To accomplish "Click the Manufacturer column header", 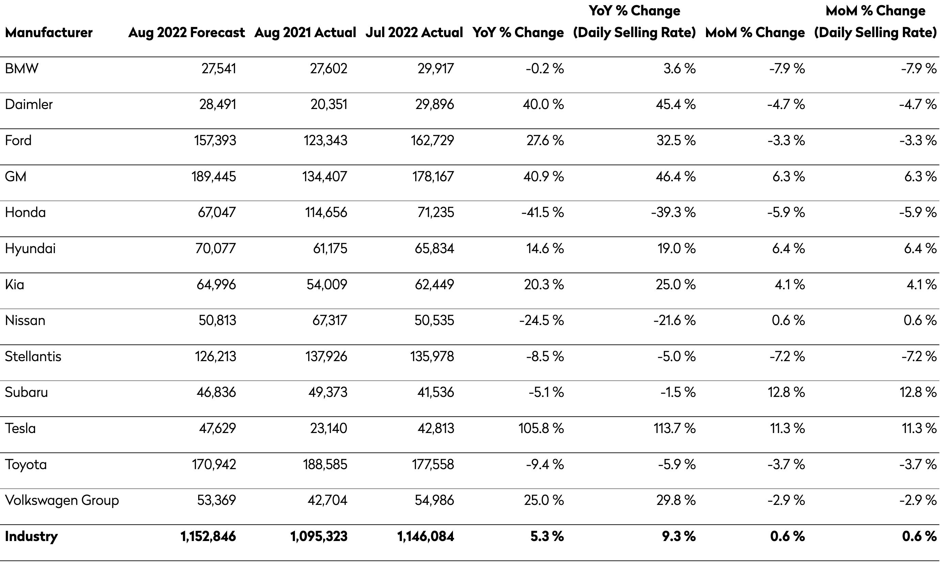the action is tap(48, 32).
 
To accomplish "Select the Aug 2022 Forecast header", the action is tap(187, 32).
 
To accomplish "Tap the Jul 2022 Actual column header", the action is tap(414, 32).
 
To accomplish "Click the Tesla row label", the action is tap(20, 428).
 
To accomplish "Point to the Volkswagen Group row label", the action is tap(62, 500).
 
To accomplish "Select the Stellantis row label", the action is tap(33, 356).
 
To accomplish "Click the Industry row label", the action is tap(31, 536).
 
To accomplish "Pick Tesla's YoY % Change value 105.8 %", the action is tap(541, 428).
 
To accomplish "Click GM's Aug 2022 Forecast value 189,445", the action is tap(214, 176).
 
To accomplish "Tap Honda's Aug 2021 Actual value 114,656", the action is tap(326, 212).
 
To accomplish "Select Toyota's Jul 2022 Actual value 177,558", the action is tap(433, 464).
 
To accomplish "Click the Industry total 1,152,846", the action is tap(208, 536).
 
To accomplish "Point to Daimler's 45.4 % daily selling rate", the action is tap(676, 104).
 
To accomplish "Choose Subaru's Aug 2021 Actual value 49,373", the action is tap(328, 392).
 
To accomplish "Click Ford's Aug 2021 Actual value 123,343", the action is tap(325, 140).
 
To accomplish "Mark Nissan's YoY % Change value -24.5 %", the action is tap(541, 320).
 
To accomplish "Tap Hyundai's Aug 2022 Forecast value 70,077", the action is tap(216, 248).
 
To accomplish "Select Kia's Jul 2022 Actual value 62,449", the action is tap(435, 284).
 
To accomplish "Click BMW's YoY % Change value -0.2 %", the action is tap(545, 68).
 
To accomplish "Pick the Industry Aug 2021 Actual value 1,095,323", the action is tap(319, 536).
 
